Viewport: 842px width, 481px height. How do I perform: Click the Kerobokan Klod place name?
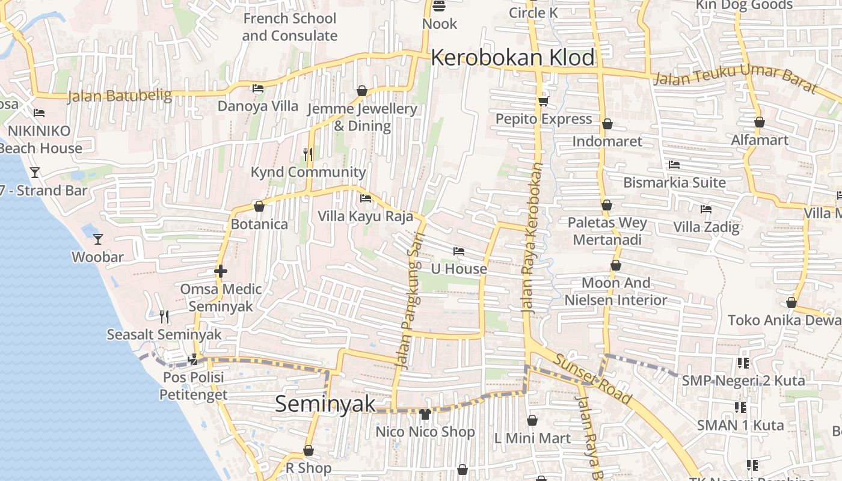pos(512,58)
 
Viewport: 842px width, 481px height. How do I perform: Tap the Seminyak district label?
pos(325,404)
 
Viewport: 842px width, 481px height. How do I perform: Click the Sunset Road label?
pos(593,379)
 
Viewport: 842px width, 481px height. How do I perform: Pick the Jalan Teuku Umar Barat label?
pos(735,79)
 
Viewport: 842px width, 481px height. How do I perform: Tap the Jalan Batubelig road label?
pos(120,96)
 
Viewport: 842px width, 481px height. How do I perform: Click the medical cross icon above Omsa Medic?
pos(221,271)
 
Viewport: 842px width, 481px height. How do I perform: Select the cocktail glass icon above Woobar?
pos(98,239)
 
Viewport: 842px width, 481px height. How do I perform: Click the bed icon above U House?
pos(459,251)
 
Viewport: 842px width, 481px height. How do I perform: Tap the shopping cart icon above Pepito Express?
pos(544,101)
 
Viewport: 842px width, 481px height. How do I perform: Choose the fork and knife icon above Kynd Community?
pos(308,154)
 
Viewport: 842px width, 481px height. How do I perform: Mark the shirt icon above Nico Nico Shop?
pos(425,414)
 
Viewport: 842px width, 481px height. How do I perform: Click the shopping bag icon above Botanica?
pos(259,206)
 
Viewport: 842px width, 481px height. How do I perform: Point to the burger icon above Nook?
pos(439,7)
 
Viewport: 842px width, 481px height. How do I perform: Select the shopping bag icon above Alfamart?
pos(760,122)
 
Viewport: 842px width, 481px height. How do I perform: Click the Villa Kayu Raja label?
pos(366,216)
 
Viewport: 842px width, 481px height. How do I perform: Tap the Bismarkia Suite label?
pos(674,182)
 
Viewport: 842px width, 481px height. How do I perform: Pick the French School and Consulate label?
pos(289,27)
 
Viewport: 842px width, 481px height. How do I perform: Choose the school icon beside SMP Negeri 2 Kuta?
pos(743,363)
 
